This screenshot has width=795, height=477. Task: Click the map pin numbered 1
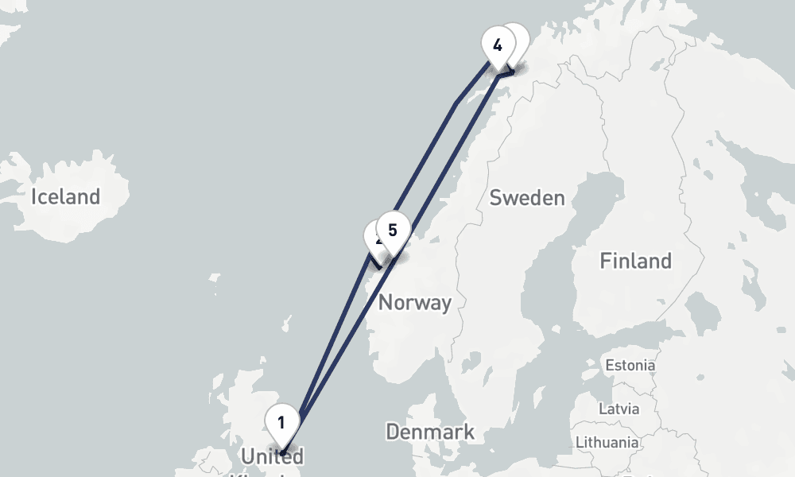[x=281, y=421]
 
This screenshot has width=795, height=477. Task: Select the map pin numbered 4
[x=498, y=45]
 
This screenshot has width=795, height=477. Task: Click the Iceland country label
[x=66, y=196]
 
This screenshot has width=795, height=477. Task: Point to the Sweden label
[x=527, y=198]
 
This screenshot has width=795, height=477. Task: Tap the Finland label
[x=636, y=261]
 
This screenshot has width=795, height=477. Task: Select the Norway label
[x=414, y=302]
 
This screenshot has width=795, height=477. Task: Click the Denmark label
[x=430, y=432]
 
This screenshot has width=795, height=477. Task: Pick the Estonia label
[x=630, y=366]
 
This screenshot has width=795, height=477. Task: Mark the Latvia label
[x=618, y=409]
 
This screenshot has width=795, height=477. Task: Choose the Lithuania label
[x=607, y=442]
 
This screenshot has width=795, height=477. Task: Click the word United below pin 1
[x=272, y=456]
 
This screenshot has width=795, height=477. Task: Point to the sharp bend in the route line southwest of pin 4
[x=456, y=103]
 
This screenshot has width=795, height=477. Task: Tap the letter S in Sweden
[x=495, y=198]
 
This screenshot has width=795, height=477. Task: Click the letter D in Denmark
[x=392, y=432]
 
